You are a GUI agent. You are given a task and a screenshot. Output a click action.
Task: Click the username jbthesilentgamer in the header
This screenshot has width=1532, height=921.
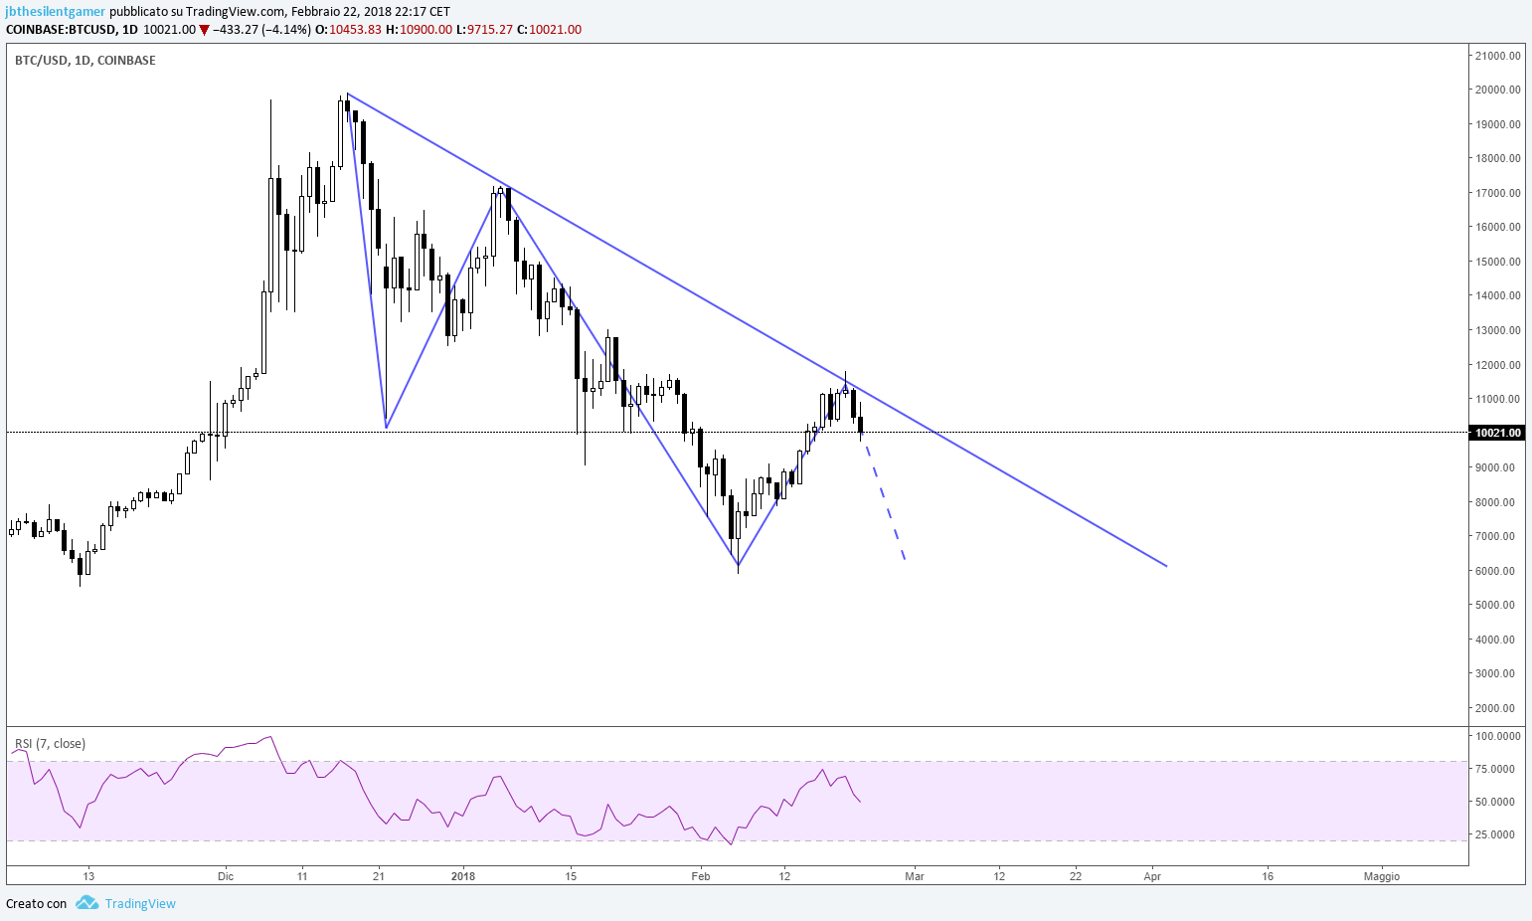click(56, 12)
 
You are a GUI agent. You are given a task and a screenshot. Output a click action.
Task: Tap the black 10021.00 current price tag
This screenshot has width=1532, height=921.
click(1498, 433)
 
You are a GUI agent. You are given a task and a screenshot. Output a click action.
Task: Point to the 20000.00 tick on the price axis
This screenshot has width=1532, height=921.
click(1498, 90)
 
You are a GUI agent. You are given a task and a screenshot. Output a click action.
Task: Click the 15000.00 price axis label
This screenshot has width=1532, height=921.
click(1498, 262)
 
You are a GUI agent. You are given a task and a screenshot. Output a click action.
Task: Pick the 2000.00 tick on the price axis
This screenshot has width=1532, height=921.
click(1500, 708)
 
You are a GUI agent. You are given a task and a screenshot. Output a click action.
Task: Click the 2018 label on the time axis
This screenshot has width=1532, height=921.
click(463, 876)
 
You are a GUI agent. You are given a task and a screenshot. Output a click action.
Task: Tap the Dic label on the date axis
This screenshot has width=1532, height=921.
click(225, 876)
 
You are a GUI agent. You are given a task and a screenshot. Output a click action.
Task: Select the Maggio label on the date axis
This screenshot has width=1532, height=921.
click(1382, 876)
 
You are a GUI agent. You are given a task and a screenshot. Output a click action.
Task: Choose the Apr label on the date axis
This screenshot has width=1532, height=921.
click(1152, 876)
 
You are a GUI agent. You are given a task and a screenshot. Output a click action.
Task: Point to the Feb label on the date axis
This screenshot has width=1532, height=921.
click(700, 876)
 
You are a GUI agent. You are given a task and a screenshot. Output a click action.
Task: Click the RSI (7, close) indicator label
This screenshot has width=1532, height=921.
click(50, 744)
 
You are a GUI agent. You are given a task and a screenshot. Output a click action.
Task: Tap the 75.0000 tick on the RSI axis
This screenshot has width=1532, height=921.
click(1500, 769)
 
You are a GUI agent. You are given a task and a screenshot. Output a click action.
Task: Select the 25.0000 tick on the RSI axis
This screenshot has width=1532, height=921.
click(1500, 834)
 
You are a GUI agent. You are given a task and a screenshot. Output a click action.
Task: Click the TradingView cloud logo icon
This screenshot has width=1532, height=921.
click(86, 903)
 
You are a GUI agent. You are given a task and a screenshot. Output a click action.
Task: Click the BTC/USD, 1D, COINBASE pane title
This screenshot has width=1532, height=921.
click(85, 61)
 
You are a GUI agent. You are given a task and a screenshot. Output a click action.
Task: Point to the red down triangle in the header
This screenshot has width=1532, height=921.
click(204, 30)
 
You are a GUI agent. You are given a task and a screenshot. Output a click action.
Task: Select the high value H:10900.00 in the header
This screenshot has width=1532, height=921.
click(419, 30)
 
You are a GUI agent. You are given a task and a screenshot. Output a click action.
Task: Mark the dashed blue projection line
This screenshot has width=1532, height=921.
click(884, 501)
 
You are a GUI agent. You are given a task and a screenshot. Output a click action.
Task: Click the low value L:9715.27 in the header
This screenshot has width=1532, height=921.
click(484, 30)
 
